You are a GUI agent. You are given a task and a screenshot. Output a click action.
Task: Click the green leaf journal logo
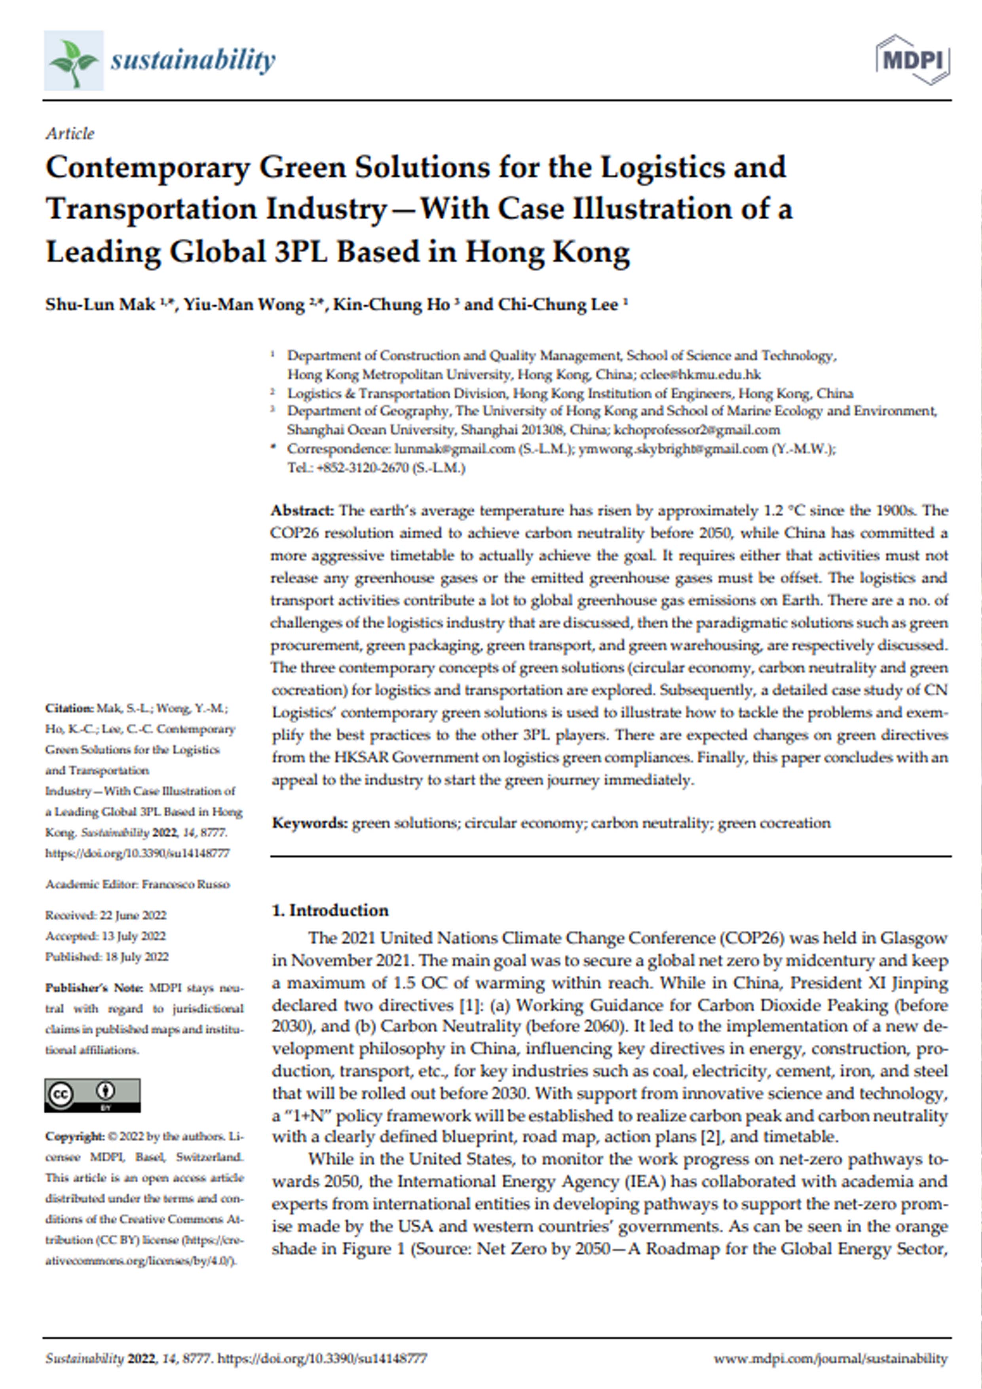pyautogui.click(x=74, y=61)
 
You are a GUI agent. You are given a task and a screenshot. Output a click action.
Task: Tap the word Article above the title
pyautogui.click(x=70, y=133)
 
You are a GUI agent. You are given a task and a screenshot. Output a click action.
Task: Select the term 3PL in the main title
pyautogui.click(x=300, y=252)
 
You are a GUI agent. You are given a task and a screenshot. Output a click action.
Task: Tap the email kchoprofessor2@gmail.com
pyautogui.click(x=697, y=430)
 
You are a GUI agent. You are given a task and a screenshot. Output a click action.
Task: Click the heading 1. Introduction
pyautogui.click(x=330, y=910)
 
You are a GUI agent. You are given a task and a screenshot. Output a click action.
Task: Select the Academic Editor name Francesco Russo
pyautogui.click(x=186, y=885)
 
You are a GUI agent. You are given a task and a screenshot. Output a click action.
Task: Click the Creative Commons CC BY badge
pyautogui.click(x=92, y=1095)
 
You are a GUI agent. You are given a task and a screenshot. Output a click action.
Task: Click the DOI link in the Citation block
pyautogui.click(x=137, y=853)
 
